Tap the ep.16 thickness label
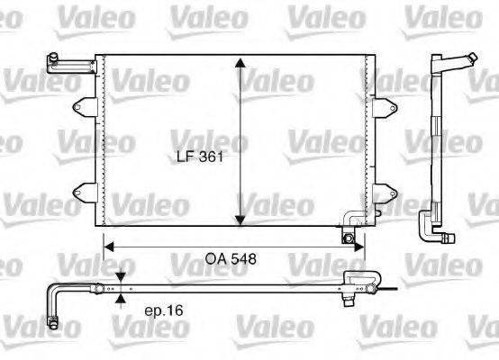pos(163,311)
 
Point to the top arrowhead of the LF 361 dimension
pos(240,63)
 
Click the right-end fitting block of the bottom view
pos(360,281)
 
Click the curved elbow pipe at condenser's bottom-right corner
pos(351,219)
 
